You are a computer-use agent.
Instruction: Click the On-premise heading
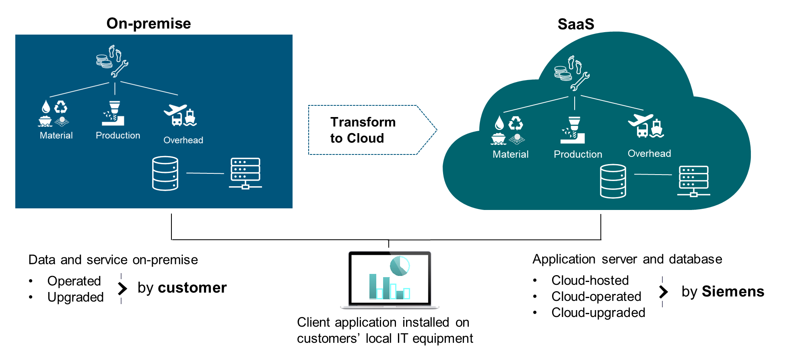pyautogui.click(x=148, y=24)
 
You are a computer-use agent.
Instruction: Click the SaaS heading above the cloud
pyautogui.click(x=575, y=24)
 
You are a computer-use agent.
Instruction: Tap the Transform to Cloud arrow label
pyautogui.click(x=363, y=130)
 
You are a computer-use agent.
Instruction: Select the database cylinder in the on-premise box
pyautogui.click(x=165, y=173)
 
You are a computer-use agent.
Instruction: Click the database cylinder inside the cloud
pyautogui.click(x=613, y=181)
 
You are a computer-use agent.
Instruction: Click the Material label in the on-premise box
pyautogui.click(x=56, y=136)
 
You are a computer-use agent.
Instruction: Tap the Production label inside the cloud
pyautogui.click(x=578, y=154)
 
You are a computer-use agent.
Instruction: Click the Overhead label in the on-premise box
pyautogui.click(x=183, y=140)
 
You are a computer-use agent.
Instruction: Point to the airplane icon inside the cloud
pyautogui.click(x=640, y=120)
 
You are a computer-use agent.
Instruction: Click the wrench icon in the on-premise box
pyautogui.click(x=120, y=69)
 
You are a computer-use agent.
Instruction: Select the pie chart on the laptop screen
pyautogui.click(x=400, y=266)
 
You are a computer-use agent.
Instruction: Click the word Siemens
pyautogui.click(x=733, y=292)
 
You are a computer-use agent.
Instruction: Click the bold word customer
pyautogui.click(x=192, y=288)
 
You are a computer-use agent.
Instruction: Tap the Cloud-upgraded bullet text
pyautogui.click(x=598, y=313)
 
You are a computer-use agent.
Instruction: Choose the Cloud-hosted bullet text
pyautogui.click(x=590, y=280)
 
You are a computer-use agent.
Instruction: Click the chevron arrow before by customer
pyautogui.click(x=122, y=288)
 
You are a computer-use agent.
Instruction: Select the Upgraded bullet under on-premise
pyautogui.click(x=75, y=297)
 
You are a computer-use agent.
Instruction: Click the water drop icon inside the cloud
pyautogui.click(x=499, y=123)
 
